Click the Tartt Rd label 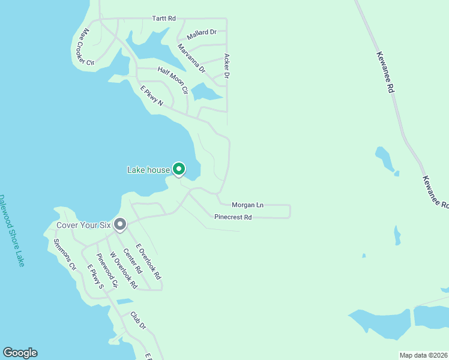point(163,19)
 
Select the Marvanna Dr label point(191,58)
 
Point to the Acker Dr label point(227,66)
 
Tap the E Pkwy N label point(152,96)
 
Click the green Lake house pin point(178,169)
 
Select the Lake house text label point(148,170)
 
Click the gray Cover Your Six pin point(120,224)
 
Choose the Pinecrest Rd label point(232,217)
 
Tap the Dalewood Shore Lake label point(11,230)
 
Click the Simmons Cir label point(65,254)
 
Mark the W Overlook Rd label point(124,270)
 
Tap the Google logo point(20,353)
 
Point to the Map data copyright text point(423,355)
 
